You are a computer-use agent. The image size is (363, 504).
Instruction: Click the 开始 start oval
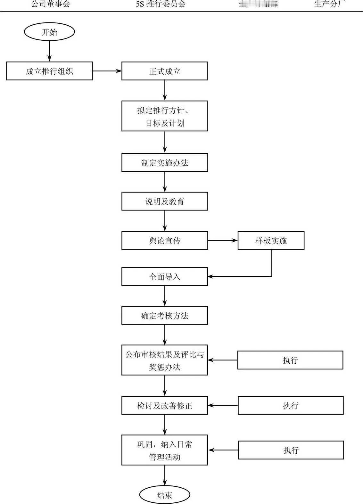tap(49, 32)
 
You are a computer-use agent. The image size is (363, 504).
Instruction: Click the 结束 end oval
tap(165, 495)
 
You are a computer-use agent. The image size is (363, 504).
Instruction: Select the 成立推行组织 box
tap(49, 71)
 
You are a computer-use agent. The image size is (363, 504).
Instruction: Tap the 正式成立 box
tap(165, 71)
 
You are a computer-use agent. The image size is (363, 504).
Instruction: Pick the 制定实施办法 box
tap(165, 162)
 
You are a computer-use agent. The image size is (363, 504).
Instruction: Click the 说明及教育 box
tap(165, 202)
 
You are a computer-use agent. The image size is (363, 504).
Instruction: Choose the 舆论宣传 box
tap(165, 241)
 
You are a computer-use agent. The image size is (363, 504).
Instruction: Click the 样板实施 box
tap(271, 241)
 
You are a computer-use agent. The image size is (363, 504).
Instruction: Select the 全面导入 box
tap(165, 277)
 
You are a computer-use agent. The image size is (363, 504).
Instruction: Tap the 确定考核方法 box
tap(165, 316)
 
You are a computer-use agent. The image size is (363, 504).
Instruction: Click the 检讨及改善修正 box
tap(165, 406)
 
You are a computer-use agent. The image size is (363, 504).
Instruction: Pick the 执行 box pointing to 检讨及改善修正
tap(291, 406)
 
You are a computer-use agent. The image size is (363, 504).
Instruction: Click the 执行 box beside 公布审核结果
tap(290, 360)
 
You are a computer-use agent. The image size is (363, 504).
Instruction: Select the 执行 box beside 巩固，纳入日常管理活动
tap(291, 450)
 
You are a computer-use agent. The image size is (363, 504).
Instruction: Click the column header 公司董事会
tap(51, 4)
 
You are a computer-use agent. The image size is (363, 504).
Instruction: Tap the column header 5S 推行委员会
tap(161, 4)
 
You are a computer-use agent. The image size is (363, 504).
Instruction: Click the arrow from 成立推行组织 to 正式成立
tap(107, 71)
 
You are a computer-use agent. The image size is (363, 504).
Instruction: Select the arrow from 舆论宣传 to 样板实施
tap(223, 241)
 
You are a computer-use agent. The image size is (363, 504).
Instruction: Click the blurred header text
tap(258, 4)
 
